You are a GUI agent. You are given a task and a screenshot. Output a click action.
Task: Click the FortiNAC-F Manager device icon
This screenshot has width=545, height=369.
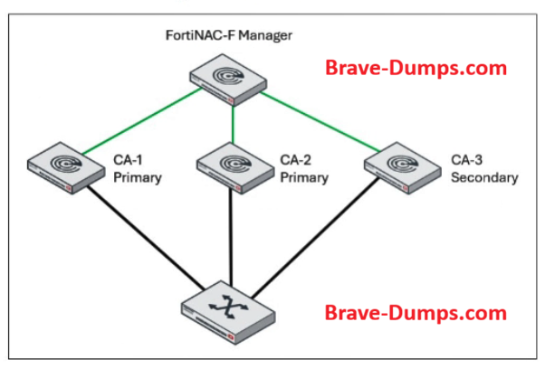coord(234,78)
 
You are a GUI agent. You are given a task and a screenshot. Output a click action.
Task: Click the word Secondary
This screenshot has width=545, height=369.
coord(484,177)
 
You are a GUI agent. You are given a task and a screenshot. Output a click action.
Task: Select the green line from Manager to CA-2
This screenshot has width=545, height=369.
coord(234,122)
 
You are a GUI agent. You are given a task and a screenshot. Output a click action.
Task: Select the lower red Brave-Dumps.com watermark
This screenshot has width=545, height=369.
coord(416,313)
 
